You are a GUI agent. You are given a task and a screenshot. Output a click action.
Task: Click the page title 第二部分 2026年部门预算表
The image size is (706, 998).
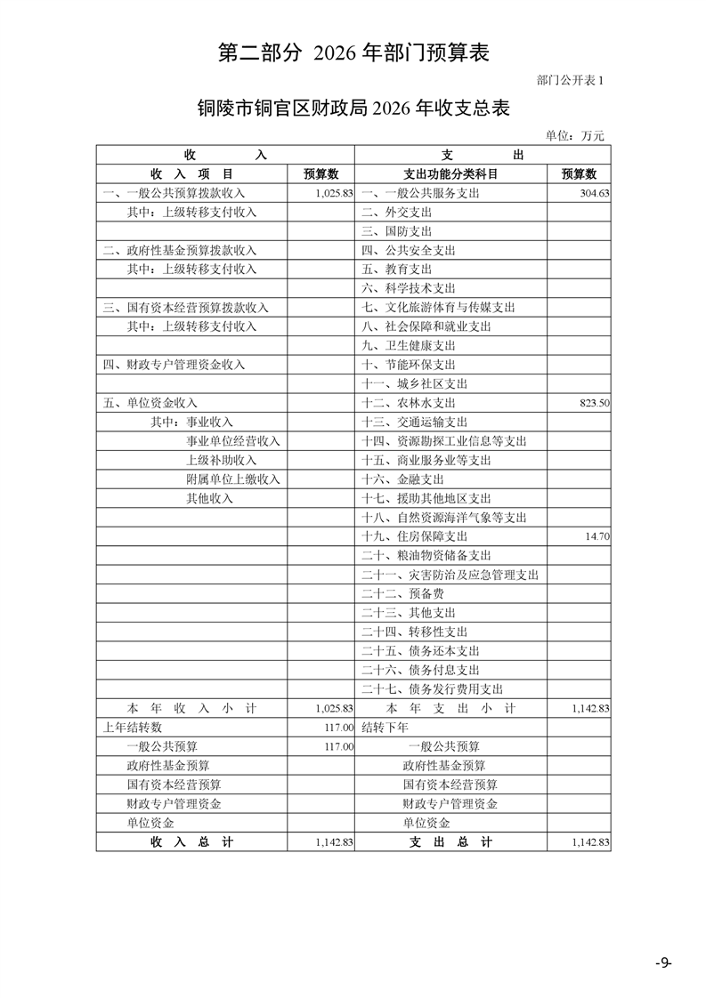[x=353, y=53]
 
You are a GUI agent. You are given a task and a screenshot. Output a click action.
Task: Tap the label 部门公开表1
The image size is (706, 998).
[x=571, y=81]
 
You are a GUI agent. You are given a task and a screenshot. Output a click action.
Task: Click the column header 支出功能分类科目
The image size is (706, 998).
[x=450, y=174]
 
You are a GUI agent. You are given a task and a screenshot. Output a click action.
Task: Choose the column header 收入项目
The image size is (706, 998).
[x=191, y=174]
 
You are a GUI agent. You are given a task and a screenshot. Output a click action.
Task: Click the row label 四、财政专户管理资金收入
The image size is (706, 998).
[x=174, y=365]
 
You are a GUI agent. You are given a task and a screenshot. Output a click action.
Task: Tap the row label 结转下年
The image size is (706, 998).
[x=385, y=728]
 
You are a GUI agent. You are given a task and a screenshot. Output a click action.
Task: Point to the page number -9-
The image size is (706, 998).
[x=662, y=963]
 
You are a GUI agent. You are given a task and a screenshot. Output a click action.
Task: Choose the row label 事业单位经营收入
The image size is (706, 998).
[x=232, y=441]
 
